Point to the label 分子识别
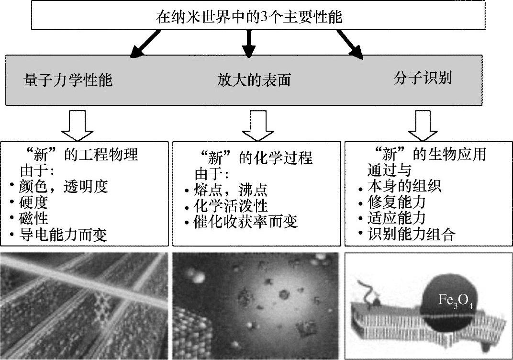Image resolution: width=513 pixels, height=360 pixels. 423,78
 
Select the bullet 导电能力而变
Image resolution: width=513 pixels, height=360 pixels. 63,235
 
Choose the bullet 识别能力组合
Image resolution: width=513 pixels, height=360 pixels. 410,235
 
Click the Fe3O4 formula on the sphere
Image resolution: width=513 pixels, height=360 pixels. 455,301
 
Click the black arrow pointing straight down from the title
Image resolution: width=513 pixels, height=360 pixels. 248,44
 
